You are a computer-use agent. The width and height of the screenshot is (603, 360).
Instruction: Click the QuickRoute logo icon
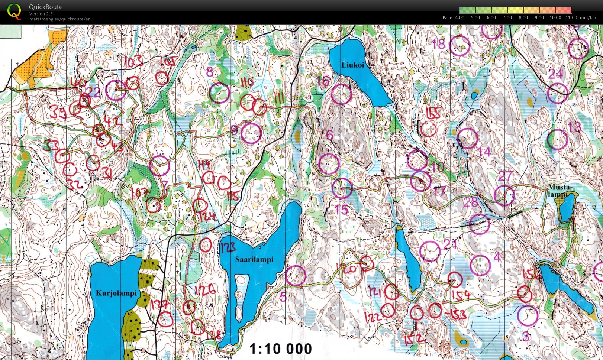point(14,11)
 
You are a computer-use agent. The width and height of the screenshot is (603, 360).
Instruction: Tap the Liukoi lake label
point(352,65)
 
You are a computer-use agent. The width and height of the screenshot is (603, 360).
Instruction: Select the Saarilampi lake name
point(254,259)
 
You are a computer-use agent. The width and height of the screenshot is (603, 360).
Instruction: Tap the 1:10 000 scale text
point(280,349)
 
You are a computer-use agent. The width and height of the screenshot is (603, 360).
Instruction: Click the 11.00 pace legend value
point(571,17)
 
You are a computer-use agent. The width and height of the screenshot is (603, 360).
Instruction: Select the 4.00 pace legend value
point(459,17)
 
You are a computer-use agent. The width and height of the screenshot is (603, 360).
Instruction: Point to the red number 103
point(133,61)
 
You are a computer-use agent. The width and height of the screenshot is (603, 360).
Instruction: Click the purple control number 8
point(210,72)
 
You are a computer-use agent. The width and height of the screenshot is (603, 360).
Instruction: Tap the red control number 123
point(228,247)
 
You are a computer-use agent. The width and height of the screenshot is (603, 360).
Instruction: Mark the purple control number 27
point(505,176)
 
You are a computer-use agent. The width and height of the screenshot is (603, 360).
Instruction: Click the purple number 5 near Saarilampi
point(283,296)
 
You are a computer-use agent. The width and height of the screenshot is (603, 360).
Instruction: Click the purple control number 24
point(555,74)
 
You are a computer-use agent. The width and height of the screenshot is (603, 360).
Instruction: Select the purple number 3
point(525,337)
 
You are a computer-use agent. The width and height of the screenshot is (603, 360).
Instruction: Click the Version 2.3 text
point(41,14)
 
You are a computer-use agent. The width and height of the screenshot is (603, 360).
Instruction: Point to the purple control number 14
point(484,152)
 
